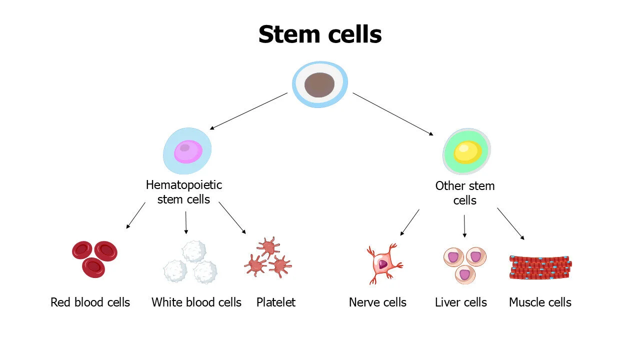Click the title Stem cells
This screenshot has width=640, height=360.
click(320, 34)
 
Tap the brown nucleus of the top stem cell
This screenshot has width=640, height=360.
click(319, 84)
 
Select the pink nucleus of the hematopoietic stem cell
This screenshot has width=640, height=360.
click(188, 151)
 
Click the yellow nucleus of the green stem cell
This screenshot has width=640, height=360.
click(467, 152)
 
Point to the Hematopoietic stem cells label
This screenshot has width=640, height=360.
click(184, 192)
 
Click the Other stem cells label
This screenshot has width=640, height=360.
click(465, 193)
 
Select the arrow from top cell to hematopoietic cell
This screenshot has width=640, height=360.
click(248, 111)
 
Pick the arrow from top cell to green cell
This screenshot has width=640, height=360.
click(393, 114)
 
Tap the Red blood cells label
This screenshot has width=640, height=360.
click(90, 302)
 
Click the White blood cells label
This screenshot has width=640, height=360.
click(196, 302)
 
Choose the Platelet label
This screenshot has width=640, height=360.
click(276, 302)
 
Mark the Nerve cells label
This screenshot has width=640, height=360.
click(377, 302)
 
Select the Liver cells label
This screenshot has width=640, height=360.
click(461, 302)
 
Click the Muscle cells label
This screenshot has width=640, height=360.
click(540, 302)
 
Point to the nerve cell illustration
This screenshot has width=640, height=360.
click(383, 264)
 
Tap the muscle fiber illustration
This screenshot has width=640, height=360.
click(540, 267)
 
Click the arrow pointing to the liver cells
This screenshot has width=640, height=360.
click(464, 226)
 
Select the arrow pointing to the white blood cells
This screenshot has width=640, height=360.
click(186, 222)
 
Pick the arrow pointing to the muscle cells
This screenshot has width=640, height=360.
click(510, 224)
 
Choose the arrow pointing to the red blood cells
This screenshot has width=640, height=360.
click(135, 215)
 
